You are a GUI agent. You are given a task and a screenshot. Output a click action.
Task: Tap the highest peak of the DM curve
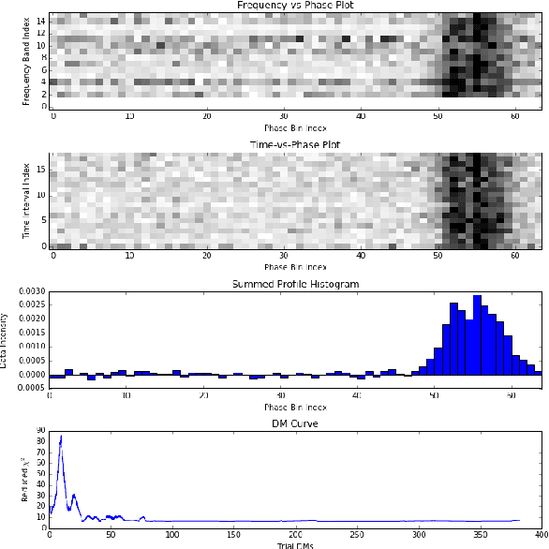coord(61,437)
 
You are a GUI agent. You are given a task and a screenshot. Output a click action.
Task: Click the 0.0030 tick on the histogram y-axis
coord(32,293)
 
